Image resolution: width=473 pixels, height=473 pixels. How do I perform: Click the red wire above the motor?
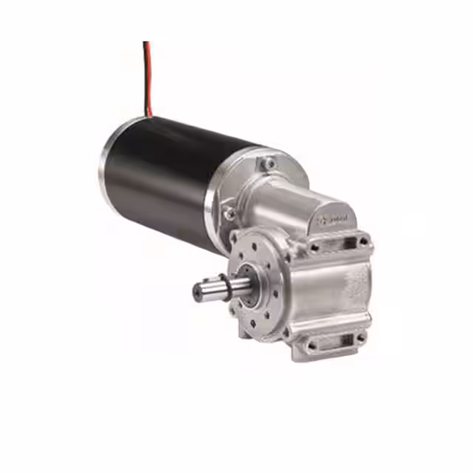[149, 74]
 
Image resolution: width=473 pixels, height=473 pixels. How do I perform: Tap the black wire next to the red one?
[145, 74]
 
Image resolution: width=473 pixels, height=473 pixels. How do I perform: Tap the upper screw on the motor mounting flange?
[270, 163]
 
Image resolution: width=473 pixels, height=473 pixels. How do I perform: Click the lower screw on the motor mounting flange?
[230, 214]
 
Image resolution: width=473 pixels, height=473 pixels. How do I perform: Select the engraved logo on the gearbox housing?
[335, 219]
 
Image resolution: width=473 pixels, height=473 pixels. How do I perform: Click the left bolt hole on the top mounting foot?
[315, 247]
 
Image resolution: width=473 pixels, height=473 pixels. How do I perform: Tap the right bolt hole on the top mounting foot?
[363, 242]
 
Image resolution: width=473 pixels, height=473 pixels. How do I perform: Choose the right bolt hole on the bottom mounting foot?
[360, 338]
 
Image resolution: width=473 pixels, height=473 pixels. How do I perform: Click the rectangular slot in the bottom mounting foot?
[337, 341]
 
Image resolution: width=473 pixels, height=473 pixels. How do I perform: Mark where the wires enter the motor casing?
[149, 116]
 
